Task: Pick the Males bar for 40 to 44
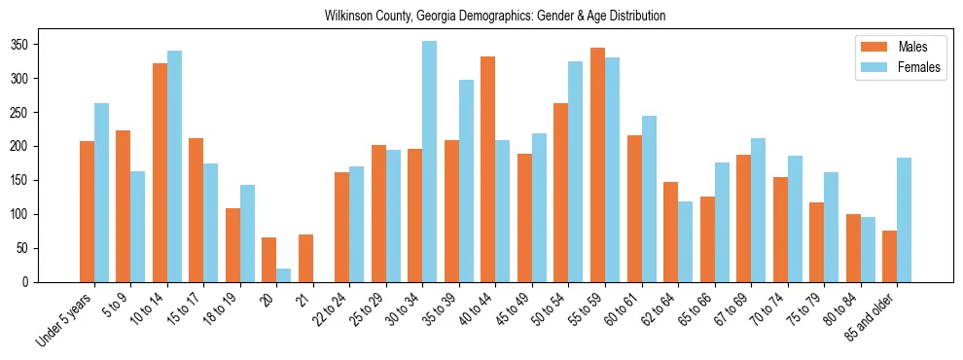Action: pyautogui.click(x=487, y=169)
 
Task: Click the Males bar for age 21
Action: pyautogui.click(x=305, y=258)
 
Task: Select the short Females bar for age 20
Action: pyautogui.click(x=283, y=275)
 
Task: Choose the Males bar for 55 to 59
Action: pyautogui.click(x=597, y=163)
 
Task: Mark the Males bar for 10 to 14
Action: pyautogui.click(x=160, y=172)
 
